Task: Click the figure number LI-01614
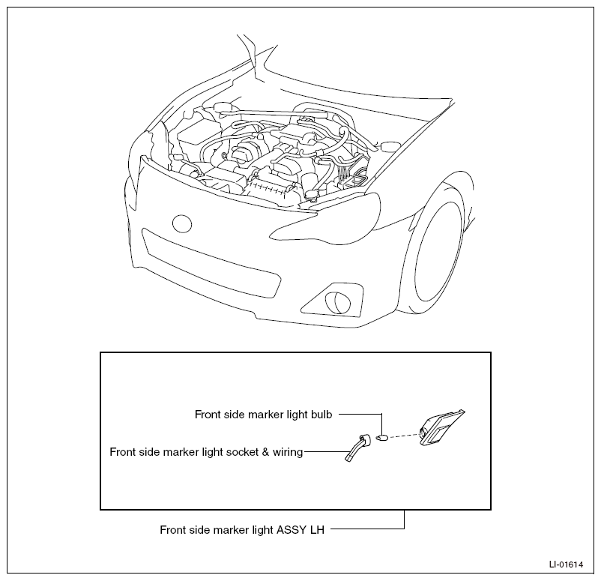click(x=566, y=565)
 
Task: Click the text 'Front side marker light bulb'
click(x=263, y=415)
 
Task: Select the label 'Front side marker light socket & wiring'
click(x=206, y=452)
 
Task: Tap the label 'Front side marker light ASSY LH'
click(x=242, y=530)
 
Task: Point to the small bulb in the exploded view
click(x=382, y=437)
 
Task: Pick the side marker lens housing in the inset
click(x=441, y=428)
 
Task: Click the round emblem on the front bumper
click(x=181, y=223)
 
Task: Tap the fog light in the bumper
click(x=335, y=303)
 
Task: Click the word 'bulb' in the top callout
click(x=321, y=415)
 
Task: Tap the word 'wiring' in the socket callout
click(x=288, y=453)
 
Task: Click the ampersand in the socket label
click(x=265, y=452)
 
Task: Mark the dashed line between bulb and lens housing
click(x=405, y=436)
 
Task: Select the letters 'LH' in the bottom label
click(x=316, y=530)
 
